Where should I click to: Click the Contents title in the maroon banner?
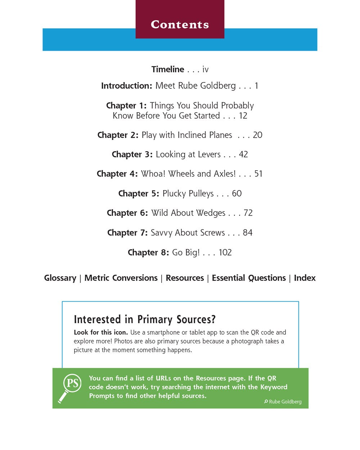(180, 24)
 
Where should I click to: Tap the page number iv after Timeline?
(205, 69)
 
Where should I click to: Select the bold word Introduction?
(127, 86)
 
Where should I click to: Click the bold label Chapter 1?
(126, 106)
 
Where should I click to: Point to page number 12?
(243, 116)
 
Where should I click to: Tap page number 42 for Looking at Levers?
(243, 154)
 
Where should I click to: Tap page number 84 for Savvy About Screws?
(247, 233)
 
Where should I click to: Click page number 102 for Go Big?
(225, 253)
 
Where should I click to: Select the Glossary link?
(60, 278)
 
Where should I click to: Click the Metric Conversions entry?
(121, 278)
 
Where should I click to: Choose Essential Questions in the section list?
(249, 278)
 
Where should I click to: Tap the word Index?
(305, 278)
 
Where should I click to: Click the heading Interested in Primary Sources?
(145, 320)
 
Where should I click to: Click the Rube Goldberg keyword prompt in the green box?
(283, 402)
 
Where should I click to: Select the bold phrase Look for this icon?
(101, 333)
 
